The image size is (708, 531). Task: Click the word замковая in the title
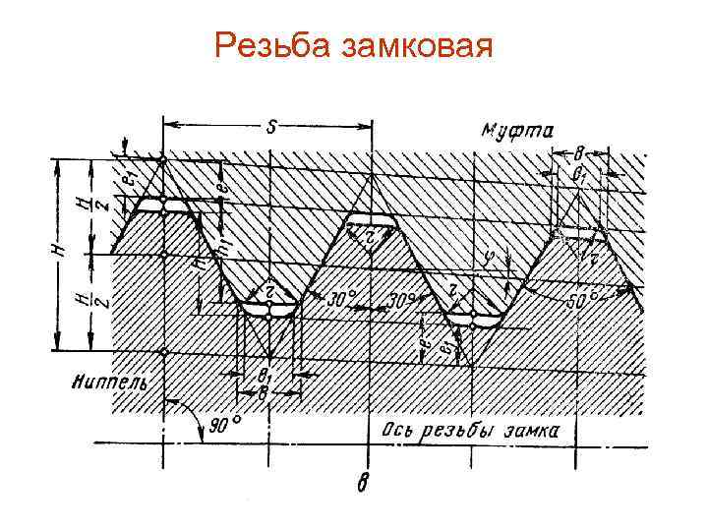(415, 47)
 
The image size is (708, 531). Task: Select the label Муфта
(517, 129)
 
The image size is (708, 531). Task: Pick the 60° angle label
(592, 297)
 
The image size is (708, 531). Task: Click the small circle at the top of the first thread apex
(163, 158)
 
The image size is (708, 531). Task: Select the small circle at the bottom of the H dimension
(163, 351)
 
